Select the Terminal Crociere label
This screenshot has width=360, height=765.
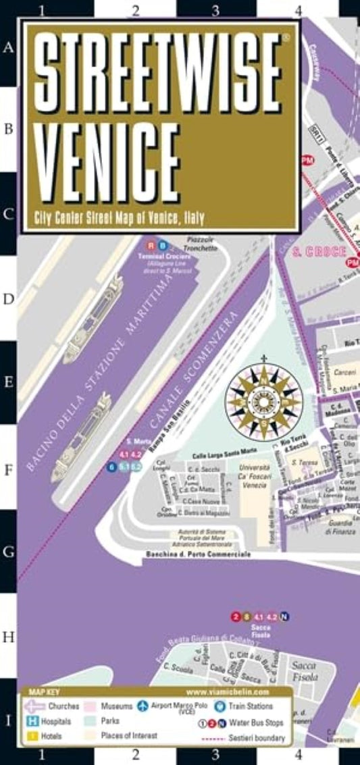click(157, 257)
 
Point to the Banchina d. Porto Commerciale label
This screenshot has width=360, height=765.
click(198, 554)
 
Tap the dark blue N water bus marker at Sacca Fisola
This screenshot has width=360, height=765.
click(285, 616)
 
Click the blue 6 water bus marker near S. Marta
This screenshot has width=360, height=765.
click(111, 467)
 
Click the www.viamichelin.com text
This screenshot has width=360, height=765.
click(228, 692)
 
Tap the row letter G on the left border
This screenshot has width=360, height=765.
click(8, 552)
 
